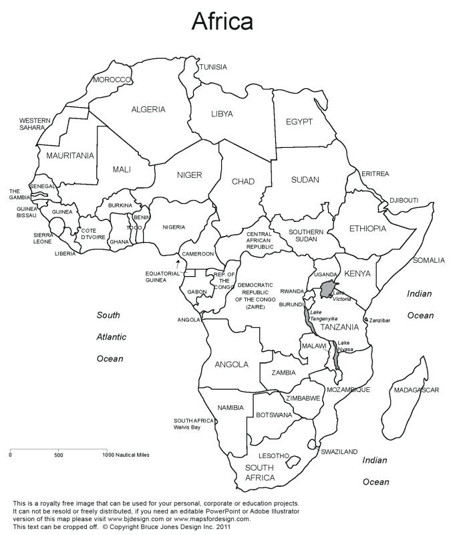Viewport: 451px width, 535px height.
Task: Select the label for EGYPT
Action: click(x=299, y=122)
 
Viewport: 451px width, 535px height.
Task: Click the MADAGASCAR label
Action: click(x=416, y=390)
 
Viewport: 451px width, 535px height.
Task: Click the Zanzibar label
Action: click(x=380, y=320)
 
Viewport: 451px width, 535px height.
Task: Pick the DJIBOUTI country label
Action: click(x=404, y=200)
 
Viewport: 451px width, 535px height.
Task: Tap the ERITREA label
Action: click(x=375, y=174)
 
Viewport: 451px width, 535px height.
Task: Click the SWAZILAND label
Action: click(x=339, y=451)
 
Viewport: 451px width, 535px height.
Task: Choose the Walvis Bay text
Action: click(x=187, y=427)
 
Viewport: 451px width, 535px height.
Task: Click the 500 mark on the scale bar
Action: click(x=59, y=455)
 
